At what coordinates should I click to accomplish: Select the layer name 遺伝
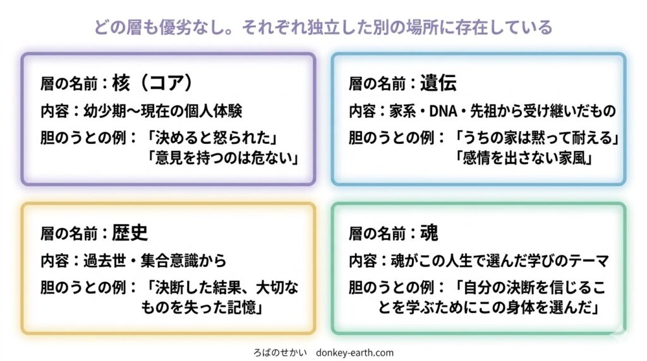(x=438, y=83)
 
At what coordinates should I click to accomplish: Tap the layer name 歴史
(x=130, y=233)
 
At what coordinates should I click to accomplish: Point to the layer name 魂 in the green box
(x=429, y=233)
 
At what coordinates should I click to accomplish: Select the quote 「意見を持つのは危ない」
(x=223, y=158)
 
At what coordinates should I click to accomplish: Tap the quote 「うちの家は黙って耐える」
(x=537, y=138)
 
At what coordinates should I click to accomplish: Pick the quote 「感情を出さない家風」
(x=524, y=158)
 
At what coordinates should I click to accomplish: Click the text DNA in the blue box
(x=443, y=111)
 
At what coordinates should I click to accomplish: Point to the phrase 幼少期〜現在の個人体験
(x=162, y=111)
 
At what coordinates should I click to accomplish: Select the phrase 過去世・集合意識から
(x=155, y=261)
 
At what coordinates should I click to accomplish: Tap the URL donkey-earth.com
(x=355, y=353)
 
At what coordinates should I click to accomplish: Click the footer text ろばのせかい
(x=280, y=353)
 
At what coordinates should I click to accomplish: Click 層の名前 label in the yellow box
(x=69, y=234)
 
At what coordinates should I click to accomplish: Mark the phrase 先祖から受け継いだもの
(x=543, y=111)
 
